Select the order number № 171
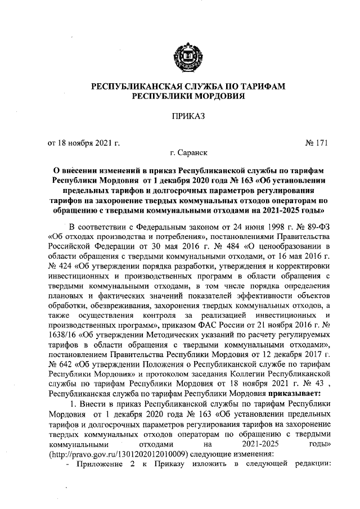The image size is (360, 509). pos(316,143)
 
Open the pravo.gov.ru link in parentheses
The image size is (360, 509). pos(123,456)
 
